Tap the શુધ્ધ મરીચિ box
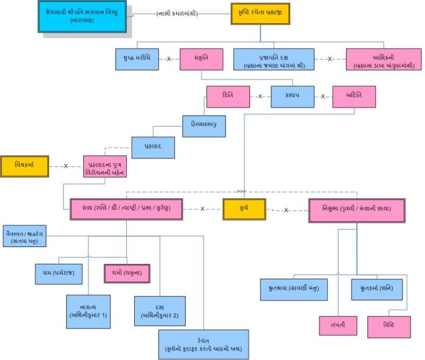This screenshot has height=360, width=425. [x=137, y=59]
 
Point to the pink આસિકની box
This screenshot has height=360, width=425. [x=375, y=59]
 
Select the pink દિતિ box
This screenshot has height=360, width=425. [x=228, y=97]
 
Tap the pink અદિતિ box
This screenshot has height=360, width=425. [x=354, y=97]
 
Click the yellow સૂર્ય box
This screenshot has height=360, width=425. [x=243, y=209]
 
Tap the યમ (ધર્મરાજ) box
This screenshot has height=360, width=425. [x=55, y=273]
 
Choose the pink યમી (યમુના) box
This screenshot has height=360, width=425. [x=127, y=273]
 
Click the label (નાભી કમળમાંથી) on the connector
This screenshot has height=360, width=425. [x=177, y=13]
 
